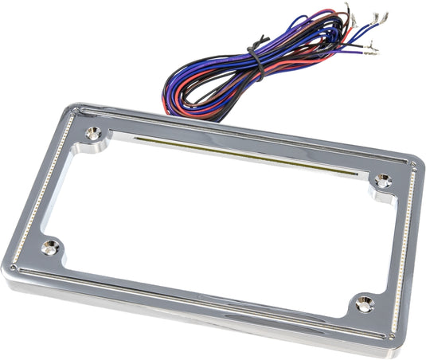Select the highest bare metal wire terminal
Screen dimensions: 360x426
(x=348, y=10)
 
